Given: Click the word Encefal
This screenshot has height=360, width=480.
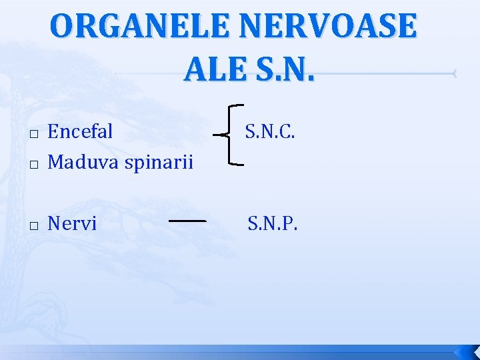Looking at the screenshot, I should click(x=81, y=131).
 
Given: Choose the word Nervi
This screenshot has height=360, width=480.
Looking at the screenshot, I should click(x=72, y=223).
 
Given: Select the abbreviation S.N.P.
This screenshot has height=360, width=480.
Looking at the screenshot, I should click(x=273, y=223).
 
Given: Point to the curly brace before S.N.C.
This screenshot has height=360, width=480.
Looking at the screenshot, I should click(x=231, y=134).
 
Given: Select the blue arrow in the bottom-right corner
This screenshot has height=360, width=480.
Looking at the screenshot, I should click(x=464, y=351).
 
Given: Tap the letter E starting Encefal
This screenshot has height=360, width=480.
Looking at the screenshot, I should click(x=53, y=131).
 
